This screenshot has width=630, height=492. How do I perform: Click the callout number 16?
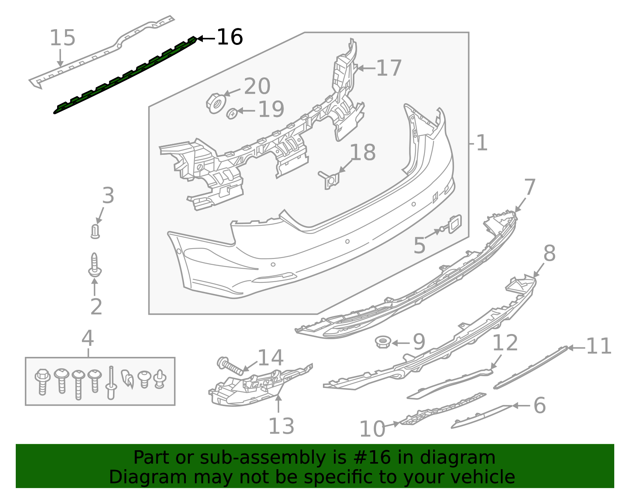[230, 37]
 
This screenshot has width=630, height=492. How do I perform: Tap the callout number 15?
[62, 38]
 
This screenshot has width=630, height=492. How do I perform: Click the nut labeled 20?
[215, 103]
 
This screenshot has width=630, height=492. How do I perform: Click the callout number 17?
[389, 68]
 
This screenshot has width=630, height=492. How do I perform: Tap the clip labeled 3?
[95, 232]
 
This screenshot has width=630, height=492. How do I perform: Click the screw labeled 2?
[94, 265]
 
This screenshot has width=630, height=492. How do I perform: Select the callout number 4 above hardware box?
[87, 338]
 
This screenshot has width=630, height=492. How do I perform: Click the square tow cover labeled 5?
[454, 224]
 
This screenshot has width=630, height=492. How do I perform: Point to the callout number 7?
[530, 188]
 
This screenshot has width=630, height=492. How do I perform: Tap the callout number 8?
[549, 253]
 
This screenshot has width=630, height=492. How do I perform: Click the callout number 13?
[281, 426]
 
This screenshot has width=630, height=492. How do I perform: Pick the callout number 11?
[598, 347]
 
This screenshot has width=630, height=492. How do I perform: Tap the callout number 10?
[372, 429]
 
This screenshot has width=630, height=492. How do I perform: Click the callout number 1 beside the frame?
[482, 143]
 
